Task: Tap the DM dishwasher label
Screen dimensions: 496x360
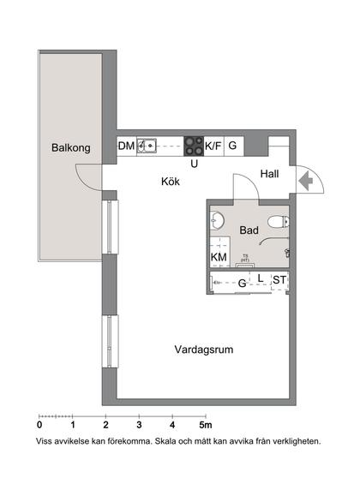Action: (x=125, y=146)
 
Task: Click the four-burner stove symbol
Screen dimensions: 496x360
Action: (x=194, y=146)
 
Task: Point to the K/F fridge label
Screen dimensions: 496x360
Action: (x=213, y=146)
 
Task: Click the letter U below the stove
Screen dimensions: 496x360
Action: (x=195, y=163)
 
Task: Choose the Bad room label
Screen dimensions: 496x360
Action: (x=249, y=230)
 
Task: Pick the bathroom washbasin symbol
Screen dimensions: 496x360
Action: (x=217, y=222)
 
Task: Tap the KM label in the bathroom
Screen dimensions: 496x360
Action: (x=219, y=257)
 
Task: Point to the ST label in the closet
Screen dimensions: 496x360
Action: (x=279, y=281)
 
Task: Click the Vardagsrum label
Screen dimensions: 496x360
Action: (x=204, y=350)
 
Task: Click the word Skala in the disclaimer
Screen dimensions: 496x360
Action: (x=170, y=442)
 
